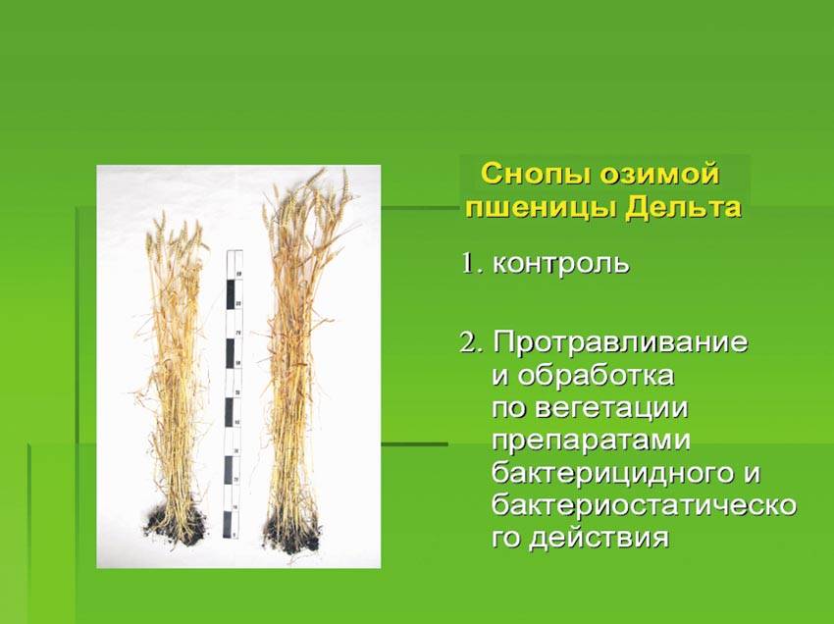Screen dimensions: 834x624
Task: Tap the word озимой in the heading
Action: click(659, 175)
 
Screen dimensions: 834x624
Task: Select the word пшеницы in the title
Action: click(539, 207)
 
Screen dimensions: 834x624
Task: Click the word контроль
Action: click(561, 263)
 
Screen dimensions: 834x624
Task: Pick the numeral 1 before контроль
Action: click(468, 263)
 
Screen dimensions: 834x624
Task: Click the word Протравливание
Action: click(620, 343)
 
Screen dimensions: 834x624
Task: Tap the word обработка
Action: click(597, 375)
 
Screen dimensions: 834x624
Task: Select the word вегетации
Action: click(612, 408)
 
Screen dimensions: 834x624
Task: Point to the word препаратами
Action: click(591, 442)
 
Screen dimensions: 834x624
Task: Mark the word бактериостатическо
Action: click(644, 505)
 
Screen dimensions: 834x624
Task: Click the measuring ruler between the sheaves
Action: click(233, 393)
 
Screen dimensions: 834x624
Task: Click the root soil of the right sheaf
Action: click(292, 532)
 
